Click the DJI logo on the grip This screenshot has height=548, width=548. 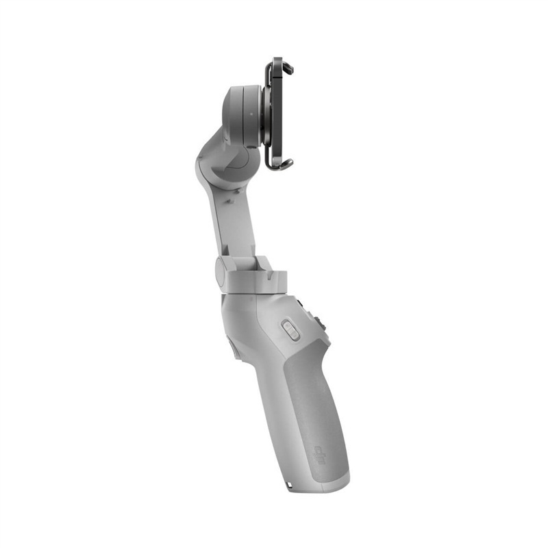[x=322, y=454]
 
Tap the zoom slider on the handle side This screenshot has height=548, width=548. [x=290, y=330]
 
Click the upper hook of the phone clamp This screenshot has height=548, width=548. [x=286, y=67]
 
